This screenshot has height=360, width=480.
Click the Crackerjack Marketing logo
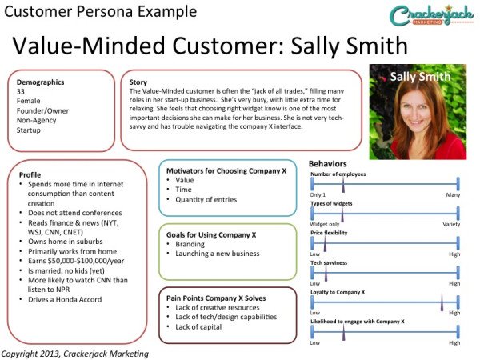click(x=431, y=15)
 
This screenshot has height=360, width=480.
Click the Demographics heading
click(x=41, y=82)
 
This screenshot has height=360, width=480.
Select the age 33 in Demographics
click(x=21, y=91)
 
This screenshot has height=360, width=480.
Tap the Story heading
click(x=138, y=82)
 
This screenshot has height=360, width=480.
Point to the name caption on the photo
click(x=420, y=77)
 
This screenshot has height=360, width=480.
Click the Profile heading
click(x=30, y=174)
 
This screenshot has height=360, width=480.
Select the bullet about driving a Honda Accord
click(x=65, y=299)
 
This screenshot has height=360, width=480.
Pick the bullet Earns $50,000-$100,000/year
click(x=76, y=261)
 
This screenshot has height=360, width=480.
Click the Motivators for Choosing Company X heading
click(x=226, y=171)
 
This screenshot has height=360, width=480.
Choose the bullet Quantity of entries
click(x=206, y=199)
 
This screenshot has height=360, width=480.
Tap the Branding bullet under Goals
click(x=190, y=244)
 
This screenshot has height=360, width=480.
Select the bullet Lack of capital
click(x=198, y=327)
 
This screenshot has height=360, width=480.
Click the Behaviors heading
click(x=327, y=164)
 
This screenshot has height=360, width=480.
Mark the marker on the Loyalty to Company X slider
click(x=442, y=302)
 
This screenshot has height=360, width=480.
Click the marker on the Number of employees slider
click(x=343, y=185)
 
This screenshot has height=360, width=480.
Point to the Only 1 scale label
click(x=318, y=194)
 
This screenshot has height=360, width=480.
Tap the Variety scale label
click(x=451, y=224)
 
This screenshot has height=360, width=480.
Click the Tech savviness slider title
click(x=329, y=262)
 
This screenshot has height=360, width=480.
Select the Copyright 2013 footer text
click(x=75, y=354)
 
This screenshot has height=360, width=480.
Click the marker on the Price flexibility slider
click(x=325, y=244)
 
